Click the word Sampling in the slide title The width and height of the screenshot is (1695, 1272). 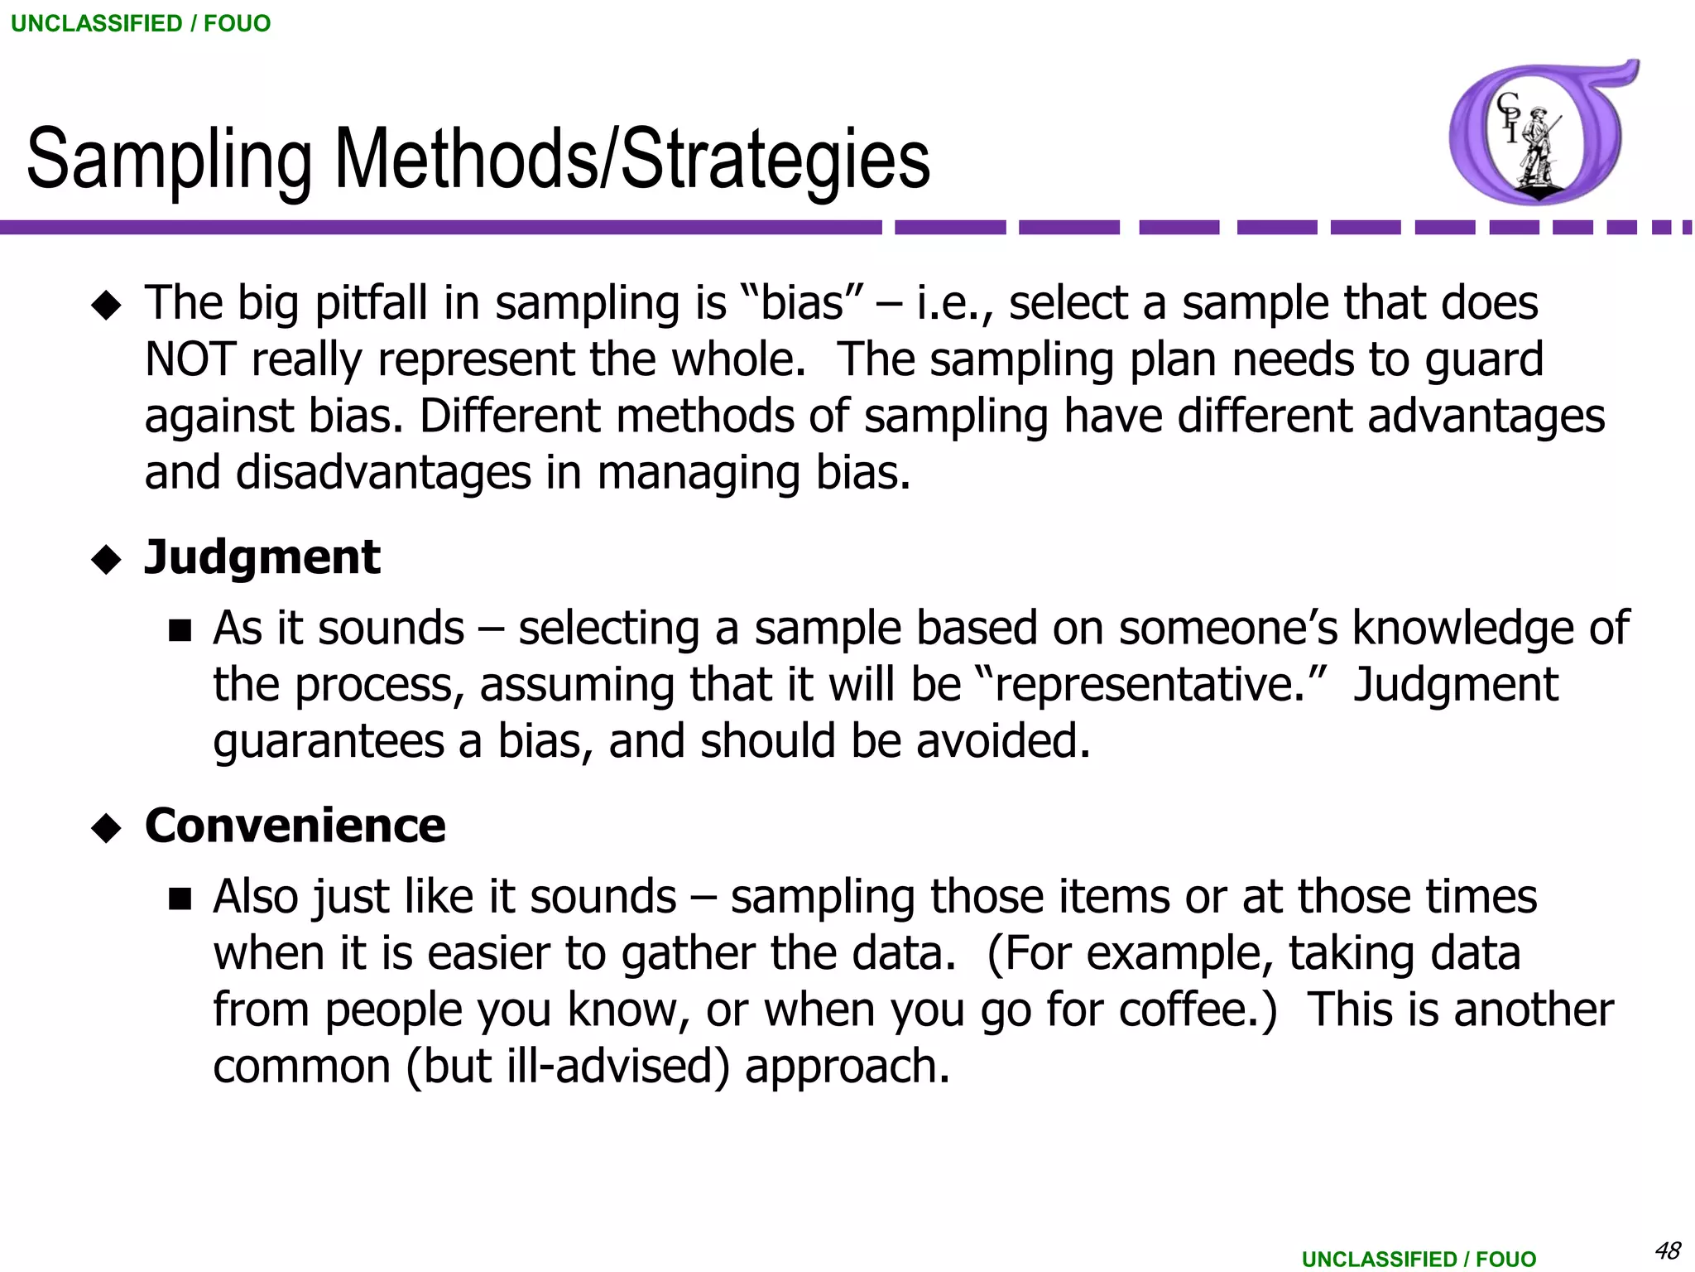point(170,159)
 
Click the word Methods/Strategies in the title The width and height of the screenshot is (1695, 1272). point(632,159)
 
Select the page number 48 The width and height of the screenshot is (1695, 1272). point(1667,1250)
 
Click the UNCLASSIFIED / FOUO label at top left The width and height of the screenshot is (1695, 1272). point(141,23)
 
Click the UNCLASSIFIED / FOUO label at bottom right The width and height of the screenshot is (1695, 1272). point(1419,1259)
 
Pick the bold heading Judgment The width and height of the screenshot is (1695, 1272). point(262,556)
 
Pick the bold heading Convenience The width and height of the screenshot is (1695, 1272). point(295,826)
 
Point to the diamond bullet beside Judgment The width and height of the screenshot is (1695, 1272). point(106,560)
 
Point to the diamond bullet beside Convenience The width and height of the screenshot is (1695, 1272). point(106,828)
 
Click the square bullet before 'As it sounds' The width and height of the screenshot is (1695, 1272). point(180,632)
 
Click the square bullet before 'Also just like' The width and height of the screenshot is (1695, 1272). point(180,899)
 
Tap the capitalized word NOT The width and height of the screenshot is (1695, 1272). point(190,359)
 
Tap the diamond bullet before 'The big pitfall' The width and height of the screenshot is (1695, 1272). point(106,306)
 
